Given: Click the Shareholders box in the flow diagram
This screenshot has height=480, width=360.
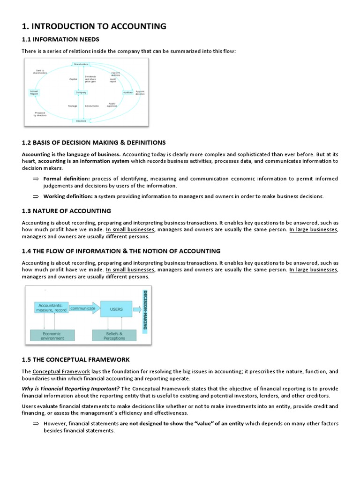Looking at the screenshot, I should point(81,64).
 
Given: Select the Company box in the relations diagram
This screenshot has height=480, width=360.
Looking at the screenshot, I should point(81,93).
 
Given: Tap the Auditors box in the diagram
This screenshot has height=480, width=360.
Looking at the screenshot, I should point(127,93).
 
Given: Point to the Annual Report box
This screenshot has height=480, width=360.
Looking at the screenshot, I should point(34,93).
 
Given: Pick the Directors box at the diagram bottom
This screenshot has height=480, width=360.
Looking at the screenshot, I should point(81,121).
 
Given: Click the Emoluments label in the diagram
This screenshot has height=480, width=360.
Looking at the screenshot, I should point(92,106).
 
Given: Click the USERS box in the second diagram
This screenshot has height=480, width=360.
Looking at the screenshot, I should point(116,309).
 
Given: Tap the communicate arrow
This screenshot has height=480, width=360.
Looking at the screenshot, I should point(84,308).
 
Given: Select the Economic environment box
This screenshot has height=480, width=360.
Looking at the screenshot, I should point(52,336).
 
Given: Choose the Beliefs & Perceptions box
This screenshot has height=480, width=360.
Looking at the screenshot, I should point(114,336).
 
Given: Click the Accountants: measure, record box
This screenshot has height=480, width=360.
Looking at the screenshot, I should point(52,307).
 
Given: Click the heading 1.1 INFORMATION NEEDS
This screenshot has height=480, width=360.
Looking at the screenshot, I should point(60,39).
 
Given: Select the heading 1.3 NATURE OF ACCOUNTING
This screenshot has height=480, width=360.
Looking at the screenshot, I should point(66,211).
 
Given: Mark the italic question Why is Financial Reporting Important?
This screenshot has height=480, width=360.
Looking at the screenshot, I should point(70,389).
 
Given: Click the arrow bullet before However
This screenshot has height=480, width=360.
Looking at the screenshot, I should point(35,424).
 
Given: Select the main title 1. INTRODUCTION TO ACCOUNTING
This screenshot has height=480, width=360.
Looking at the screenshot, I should point(94,26).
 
